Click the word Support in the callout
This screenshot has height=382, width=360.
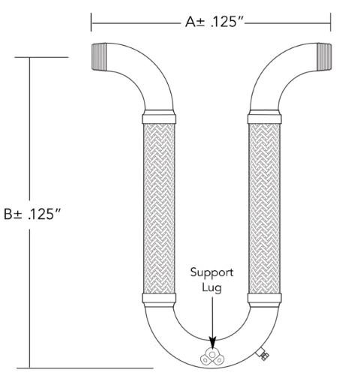[x=212, y=272]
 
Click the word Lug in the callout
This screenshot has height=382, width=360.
[x=212, y=287]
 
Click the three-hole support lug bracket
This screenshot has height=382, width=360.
[x=213, y=357]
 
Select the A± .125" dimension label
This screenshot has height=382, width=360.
[x=214, y=22]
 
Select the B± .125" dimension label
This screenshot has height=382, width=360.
[x=32, y=213]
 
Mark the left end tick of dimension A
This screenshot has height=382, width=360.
[x=91, y=22]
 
